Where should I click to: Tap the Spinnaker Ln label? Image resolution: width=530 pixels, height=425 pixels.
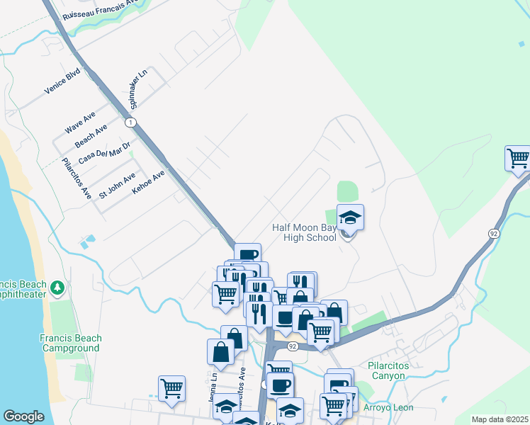137,89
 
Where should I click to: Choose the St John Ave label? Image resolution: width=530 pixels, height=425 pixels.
117,186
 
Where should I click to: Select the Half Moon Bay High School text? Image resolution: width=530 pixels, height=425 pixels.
305,232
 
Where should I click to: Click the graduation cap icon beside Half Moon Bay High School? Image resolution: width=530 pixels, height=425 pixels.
350,217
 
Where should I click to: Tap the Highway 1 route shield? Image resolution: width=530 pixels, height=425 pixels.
130,123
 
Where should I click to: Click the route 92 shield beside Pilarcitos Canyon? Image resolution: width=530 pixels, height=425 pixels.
292,346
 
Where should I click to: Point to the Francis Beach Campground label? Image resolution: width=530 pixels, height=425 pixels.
71,343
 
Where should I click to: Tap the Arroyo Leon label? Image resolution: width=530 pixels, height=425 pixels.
387,407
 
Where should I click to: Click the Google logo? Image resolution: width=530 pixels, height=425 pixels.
23,416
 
